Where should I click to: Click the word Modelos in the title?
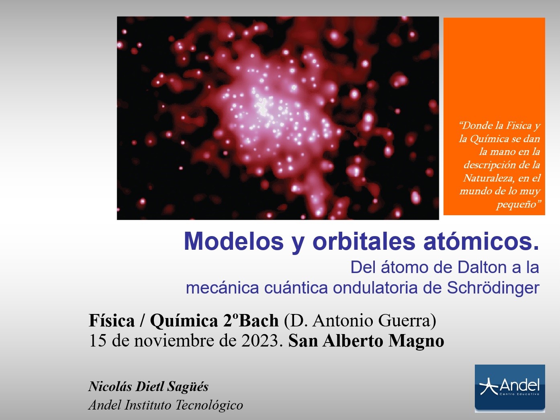coord(234,241)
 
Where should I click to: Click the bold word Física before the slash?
coord(112,320)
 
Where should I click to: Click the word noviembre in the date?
coord(174,341)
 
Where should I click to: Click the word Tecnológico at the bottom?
coord(209,405)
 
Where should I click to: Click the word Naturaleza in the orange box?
coord(485,178)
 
